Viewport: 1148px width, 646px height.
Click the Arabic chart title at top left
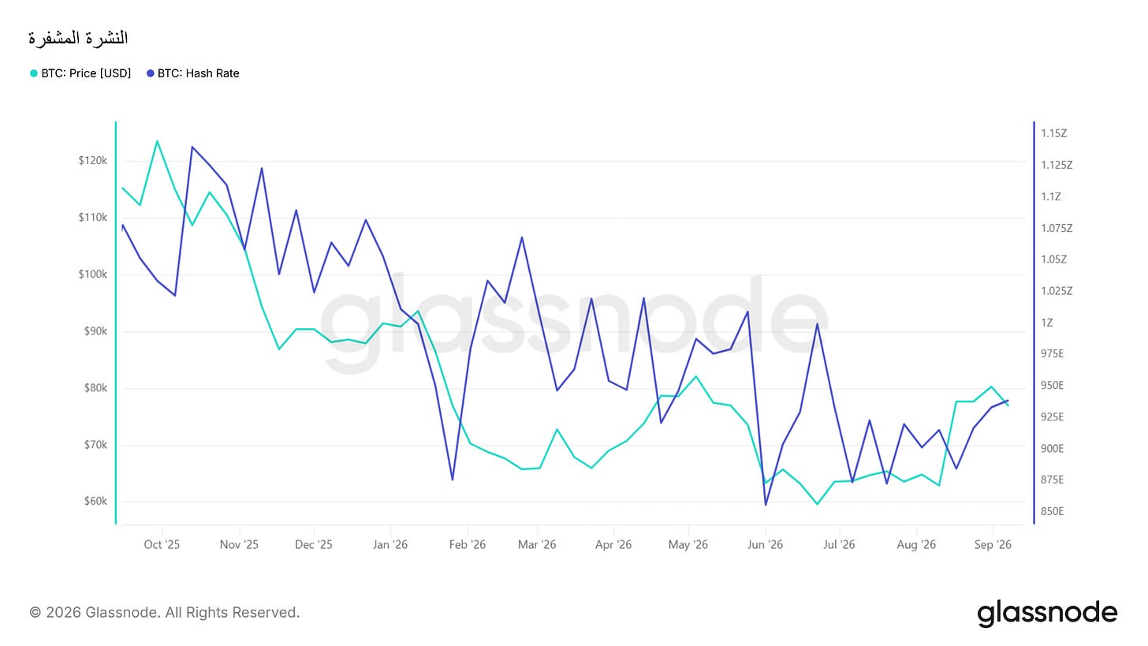pos(78,38)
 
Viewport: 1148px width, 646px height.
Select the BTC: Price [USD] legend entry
pos(80,73)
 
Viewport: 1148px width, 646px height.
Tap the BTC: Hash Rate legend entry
pos(192,73)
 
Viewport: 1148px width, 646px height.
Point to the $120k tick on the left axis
pos(93,160)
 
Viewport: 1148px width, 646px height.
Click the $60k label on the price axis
pos(96,501)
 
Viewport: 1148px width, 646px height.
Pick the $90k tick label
pos(96,330)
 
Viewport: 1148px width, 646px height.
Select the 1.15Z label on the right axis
pos(1053,133)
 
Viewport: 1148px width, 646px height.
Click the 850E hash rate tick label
pos(1052,511)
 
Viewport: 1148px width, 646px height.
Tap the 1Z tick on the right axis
pos(1046,323)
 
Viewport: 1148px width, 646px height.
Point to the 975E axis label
pos(1052,353)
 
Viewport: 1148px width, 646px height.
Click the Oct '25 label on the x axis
pos(162,544)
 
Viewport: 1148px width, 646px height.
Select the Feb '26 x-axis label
pos(468,544)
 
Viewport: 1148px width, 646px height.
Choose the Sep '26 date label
pos(993,544)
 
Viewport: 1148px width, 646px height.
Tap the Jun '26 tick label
pos(765,544)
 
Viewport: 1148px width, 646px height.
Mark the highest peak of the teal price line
pos(157,141)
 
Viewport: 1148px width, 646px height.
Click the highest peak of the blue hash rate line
pos(192,147)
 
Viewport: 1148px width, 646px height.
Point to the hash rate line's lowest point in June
pos(766,505)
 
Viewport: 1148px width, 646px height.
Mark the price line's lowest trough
pos(818,504)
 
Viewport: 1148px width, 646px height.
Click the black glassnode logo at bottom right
pos(1047,613)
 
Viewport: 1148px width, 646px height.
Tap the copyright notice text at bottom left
pos(165,612)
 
